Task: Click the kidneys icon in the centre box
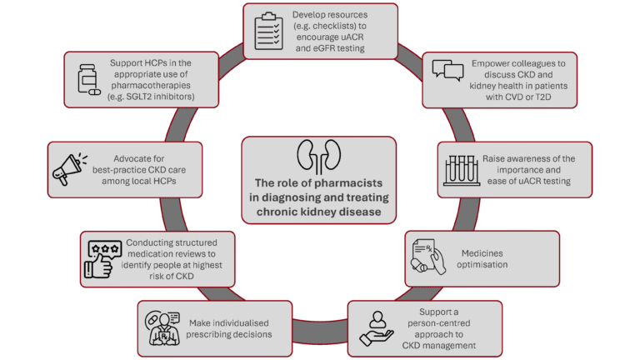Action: point(319,155)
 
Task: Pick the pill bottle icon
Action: point(85,81)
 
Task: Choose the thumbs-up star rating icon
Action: point(103,257)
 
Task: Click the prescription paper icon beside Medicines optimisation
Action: point(427,258)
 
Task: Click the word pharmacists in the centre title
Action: point(353,185)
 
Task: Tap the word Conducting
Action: point(152,242)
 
